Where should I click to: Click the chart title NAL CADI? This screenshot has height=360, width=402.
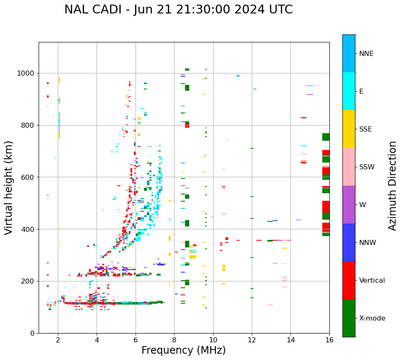(178, 10)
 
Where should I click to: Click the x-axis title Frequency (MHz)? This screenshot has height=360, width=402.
(183, 350)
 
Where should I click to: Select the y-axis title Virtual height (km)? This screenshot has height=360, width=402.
(9, 188)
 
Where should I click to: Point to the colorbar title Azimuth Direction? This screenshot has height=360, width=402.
(392, 186)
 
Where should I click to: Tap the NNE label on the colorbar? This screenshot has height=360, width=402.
(366, 54)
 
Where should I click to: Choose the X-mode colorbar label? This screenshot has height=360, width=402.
(372, 318)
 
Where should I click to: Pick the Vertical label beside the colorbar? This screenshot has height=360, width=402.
(372, 281)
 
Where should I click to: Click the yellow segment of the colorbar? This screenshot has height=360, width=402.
(349, 129)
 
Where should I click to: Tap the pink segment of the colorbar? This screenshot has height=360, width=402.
(349, 167)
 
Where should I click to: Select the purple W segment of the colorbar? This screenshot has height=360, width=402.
(349, 205)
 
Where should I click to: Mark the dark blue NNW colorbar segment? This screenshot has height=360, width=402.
(349, 242)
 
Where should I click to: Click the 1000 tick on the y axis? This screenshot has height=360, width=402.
(27, 73)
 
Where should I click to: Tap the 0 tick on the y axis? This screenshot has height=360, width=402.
(33, 333)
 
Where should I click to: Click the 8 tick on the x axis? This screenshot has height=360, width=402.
(174, 340)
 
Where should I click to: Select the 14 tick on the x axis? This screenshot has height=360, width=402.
(291, 340)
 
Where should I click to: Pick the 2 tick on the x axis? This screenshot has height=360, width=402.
(58, 340)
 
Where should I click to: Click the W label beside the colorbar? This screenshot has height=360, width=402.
(362, 205)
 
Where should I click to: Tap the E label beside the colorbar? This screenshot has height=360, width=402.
(361, 92)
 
